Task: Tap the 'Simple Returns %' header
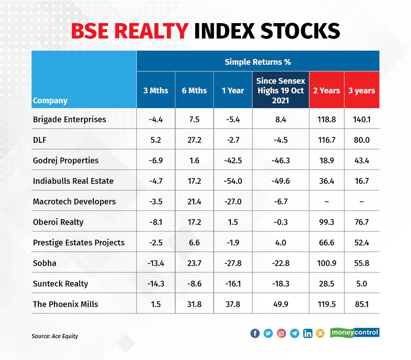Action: [258, 62]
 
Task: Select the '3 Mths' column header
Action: [156, 90]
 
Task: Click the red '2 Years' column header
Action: [327, 90]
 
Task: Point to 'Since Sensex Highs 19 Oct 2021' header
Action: [281, 90]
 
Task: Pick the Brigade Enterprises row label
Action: [69, 119]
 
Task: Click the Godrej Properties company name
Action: [66, 160]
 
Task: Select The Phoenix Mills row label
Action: [66, 304]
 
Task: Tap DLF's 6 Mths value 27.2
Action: [194, 140]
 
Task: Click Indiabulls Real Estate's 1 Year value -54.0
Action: [233, 181]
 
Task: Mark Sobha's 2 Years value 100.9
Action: [327, 263]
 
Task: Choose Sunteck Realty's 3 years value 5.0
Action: [362, 284]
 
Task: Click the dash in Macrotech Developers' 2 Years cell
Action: [327, 201]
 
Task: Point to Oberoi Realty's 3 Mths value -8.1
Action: [156, 222]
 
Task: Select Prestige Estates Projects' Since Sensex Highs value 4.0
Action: [281, 243]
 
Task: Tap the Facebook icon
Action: [255, 333]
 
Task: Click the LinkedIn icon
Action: [308, 333]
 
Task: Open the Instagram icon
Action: [281, 333]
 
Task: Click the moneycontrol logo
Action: [355, 332]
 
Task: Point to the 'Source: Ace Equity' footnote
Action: [55, 336]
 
